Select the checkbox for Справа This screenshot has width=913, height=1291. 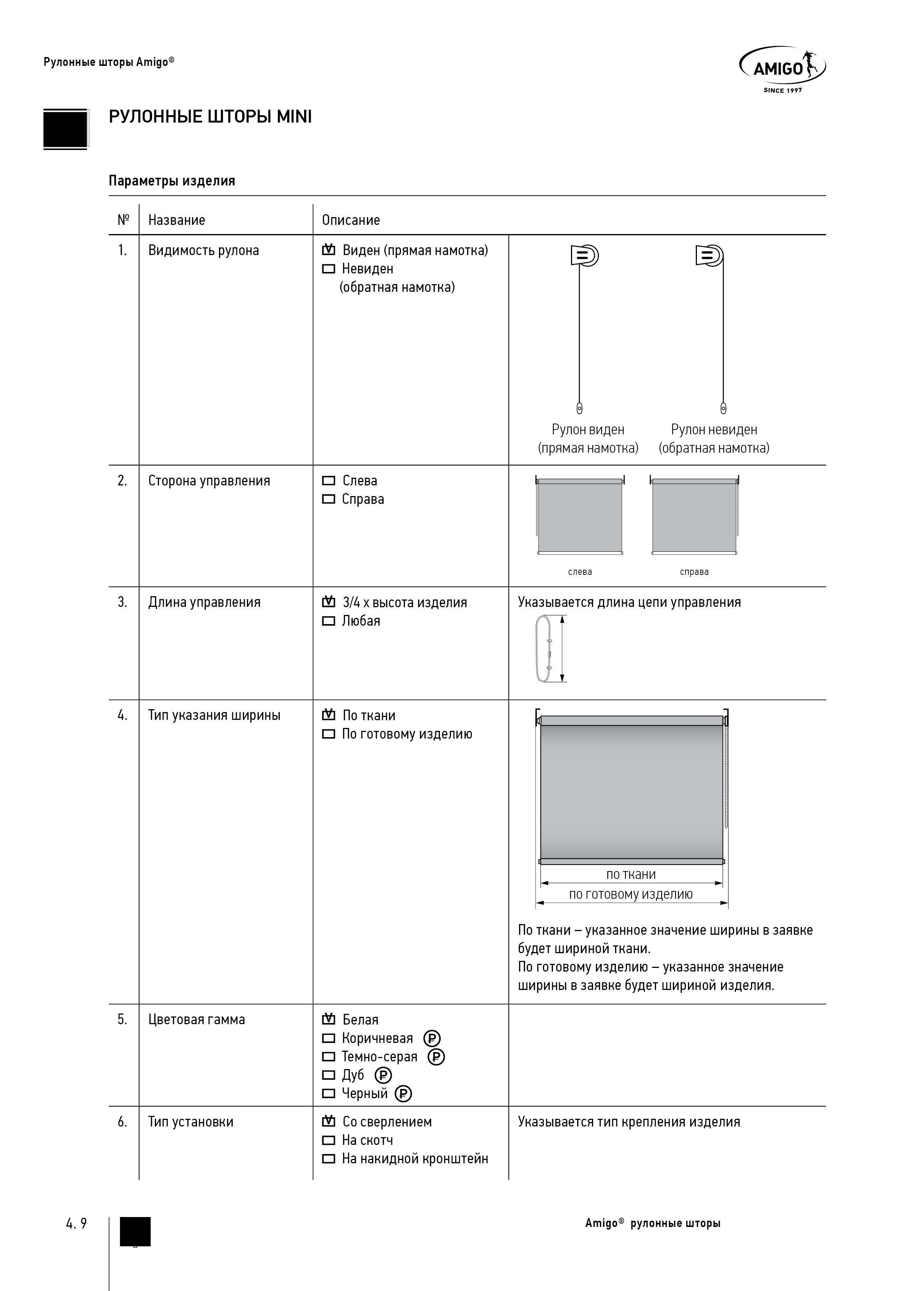(x=328, y=499)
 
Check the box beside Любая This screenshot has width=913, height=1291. (x=328, y=621)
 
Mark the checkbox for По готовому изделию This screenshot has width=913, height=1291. (x=328, y=734)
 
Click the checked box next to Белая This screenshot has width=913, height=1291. (x=328, y=1019)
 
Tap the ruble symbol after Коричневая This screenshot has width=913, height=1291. (x=432, y=1039)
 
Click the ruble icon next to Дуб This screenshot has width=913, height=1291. (x=383, y=1076)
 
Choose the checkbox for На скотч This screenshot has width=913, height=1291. (x=328, y=1140)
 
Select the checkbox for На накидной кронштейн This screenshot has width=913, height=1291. (x=328, y=1159)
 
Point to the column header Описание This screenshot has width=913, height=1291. (x=350, y=220)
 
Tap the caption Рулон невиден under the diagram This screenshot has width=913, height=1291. (x=714, y=429)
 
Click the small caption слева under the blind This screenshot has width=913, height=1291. (x=580, y=572)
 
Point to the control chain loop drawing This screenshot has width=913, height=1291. (x=543, y=649)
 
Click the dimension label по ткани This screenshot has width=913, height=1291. (x=631, y=874)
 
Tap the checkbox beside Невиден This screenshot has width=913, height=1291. (x=328, y=269)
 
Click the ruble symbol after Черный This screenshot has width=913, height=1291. (x=403, y=1094)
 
